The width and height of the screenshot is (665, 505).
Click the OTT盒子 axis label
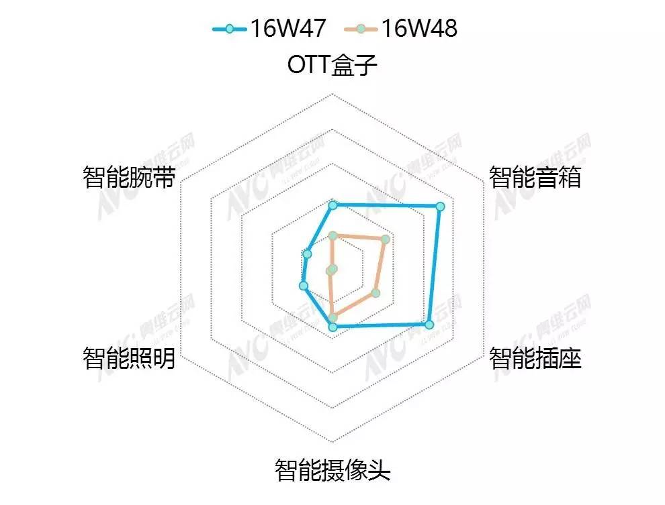(x=332, y=65)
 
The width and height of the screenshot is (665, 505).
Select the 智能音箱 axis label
(x=535, y=178)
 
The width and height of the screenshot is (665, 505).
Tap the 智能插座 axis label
(x=535, y=359)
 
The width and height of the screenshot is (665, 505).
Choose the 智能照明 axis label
(x=128, y=359)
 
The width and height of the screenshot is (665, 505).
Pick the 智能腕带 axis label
(x=128, y=178)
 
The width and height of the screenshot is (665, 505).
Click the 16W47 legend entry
(x=268, y=28)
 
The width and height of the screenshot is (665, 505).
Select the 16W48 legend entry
(x=400, y=28)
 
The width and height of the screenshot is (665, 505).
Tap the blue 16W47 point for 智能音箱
(x=440, y=207)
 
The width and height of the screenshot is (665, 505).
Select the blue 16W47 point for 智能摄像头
(x=332, y=327)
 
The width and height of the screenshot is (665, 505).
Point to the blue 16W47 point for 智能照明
(x=303, y=286)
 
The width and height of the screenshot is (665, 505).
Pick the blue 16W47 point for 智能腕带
(x=308, y=254)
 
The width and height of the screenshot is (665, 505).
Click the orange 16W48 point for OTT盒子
(x=332, y=235)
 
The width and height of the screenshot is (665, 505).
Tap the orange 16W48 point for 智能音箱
(x=386, y=239)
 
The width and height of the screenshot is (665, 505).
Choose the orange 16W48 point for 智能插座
(x=375, y=293)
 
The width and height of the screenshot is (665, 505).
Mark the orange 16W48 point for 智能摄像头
(x=332, y=317)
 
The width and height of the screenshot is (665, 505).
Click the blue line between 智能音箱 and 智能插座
(x=435, y=266)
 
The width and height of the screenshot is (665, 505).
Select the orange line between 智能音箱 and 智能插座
(x=381, y=266)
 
